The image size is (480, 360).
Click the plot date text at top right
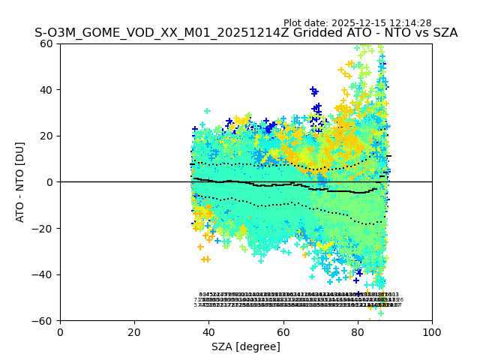click(x=367, y=23)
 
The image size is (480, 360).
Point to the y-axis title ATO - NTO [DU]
click(x=20, y=181)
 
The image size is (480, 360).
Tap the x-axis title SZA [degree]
click(x=246, y=346)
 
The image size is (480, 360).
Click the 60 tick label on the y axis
click(x=47, y=43)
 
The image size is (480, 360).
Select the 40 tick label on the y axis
click(x=47, y=90)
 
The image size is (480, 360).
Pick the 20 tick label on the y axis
click(x=47, y=136)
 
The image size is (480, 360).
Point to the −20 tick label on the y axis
click(x=44, y=228)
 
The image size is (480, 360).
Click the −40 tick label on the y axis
click(x=44, y=274)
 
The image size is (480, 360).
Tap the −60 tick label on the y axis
click(x=44, y=321)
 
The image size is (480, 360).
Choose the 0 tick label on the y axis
click(x=50, y=182)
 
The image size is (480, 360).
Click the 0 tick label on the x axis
click(x=60, y=332)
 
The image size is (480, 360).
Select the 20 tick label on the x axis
click(x=134, y=332)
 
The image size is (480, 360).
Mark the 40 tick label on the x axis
click(x=208, y=332)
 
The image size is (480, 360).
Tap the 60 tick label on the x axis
click(x=283, y=332)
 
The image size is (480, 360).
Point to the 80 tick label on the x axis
click(x=358, y=332)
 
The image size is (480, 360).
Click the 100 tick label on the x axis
click(x=432, y=332)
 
